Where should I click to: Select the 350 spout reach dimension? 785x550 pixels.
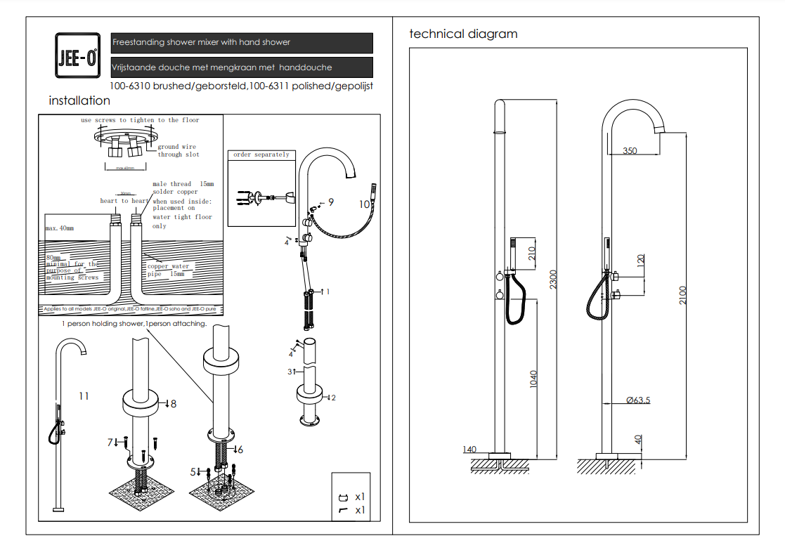coord(630,150)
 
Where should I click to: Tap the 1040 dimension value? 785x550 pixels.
coord(533,380)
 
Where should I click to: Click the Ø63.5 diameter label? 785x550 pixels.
coord(637,400)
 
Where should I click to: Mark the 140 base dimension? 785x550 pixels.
coord(469,450)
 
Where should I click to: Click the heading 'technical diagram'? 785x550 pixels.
coord(463,34)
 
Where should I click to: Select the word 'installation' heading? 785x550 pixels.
coord(79,101)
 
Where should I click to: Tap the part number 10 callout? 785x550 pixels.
coord(364,204)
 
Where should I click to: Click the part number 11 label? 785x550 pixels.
coord(84,396)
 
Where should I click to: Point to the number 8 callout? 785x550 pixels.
coord(172,404)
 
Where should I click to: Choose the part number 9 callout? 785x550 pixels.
coord(330,202)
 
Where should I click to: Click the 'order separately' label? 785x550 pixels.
coord(261,155)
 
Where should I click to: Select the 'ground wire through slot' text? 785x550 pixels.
coord(178,150)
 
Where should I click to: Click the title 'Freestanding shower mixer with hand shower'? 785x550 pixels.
coord(202,43)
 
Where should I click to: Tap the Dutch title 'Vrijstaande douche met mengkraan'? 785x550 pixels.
coord(222,67)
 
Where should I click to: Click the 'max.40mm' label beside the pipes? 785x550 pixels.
coord(59,228)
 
